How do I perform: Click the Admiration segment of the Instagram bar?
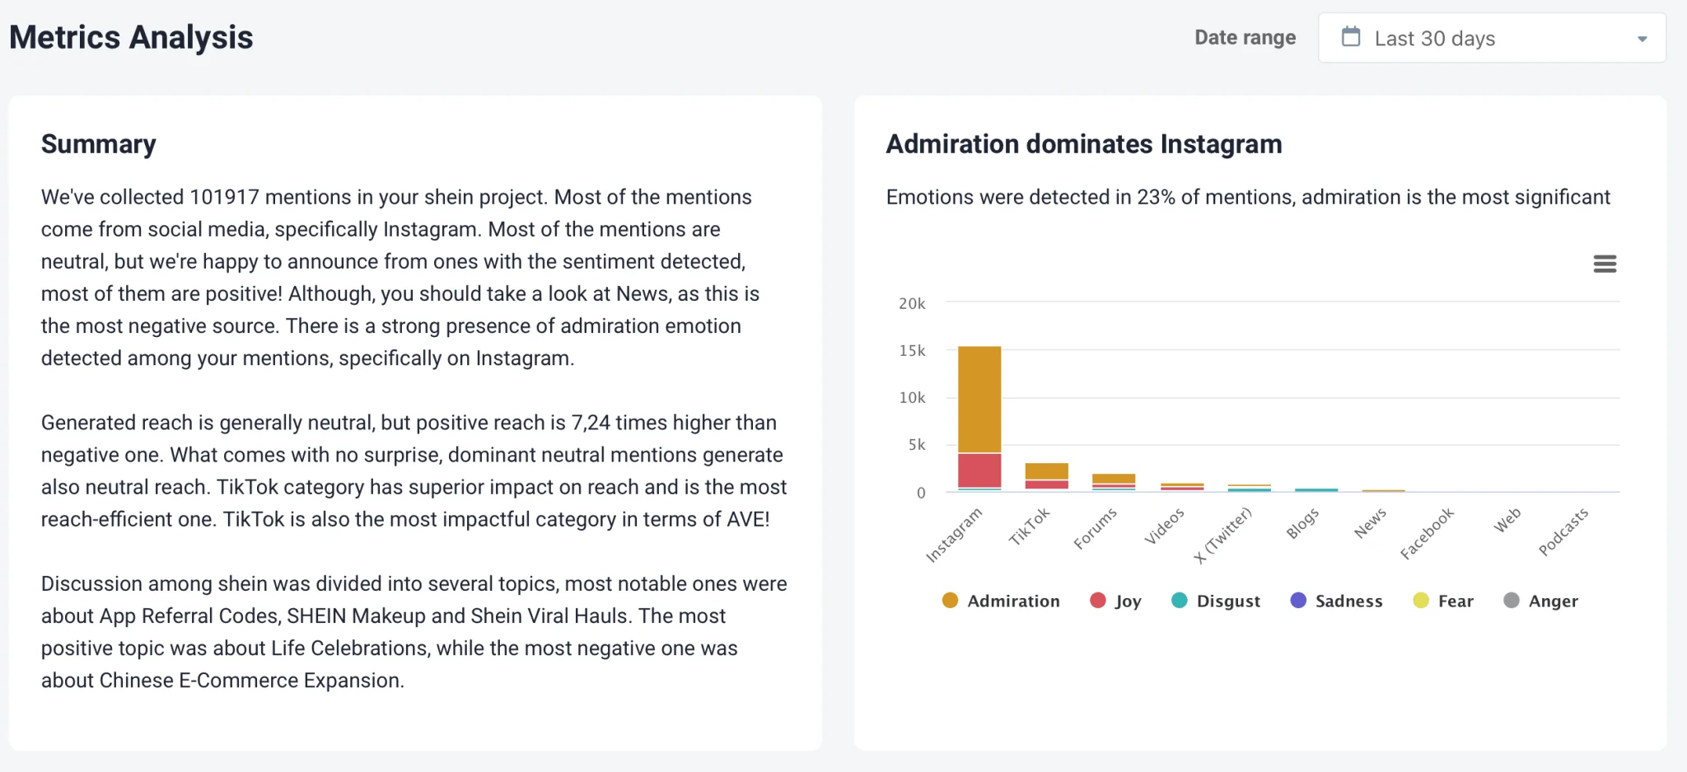click(x=979, y=399)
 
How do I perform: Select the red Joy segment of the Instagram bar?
click(x=979, y=470)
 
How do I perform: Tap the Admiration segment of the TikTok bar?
click(x=1046, y=471)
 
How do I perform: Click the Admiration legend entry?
click(x=1001, y=601)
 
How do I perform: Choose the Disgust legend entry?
click(x=1216, y=601)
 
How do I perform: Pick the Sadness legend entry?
click(x=1336, y=601)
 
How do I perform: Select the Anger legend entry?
click(x=1540, y=601)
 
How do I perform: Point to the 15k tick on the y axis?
click(x=912, y=351)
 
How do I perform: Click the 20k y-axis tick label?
click(x=912, y=304)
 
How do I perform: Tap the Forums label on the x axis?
click(x=1096, y=528)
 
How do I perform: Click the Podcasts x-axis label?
click(x=1563, y=532)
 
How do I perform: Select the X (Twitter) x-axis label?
click(x=1223, y=536)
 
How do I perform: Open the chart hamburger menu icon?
click(x=1605, y=264)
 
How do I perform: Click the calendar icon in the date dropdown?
click(x=1351, y=37)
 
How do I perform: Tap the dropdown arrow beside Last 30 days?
click(x=1642, y=39)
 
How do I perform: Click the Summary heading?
click(x=99, y=144)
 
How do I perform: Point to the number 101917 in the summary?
click(x=224, y=197)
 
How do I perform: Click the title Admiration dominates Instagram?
click(x=1084, y=144)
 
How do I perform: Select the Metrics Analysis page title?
click(x=132, y=38)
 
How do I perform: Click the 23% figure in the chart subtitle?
click(x=1156, y=197)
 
